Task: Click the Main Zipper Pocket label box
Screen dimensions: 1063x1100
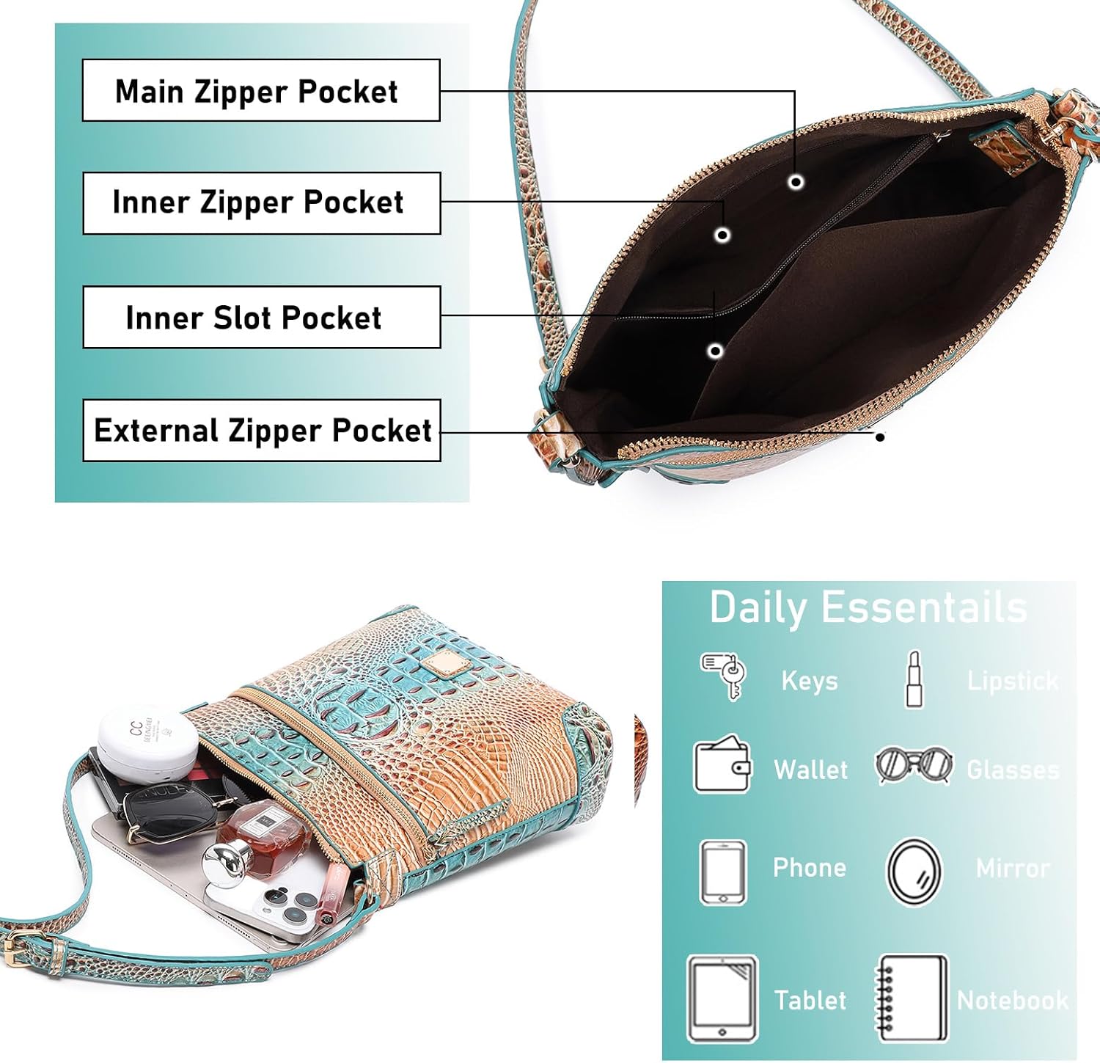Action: (260, 90)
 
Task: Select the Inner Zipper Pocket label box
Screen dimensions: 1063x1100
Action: (261, 203)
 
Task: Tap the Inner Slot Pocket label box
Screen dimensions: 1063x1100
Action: (261, 317)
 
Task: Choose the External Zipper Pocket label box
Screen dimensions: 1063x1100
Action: (261, 431)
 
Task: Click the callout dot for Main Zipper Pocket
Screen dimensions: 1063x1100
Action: (796, 181)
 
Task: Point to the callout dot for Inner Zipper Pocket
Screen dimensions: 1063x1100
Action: (722, 235)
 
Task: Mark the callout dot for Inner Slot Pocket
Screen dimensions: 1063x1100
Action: (715, 351)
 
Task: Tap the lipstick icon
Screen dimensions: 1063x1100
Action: (914, 679)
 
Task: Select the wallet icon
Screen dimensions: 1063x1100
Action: (722, 765)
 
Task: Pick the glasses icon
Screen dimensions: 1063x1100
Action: (914, 765)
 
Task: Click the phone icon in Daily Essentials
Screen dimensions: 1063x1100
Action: (723, 872)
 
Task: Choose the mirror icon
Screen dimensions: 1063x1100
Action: (914, 872)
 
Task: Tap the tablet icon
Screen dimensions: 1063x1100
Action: (722, 999)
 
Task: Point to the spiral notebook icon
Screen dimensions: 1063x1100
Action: (912, 998)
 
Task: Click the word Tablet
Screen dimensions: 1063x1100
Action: (810, 1000)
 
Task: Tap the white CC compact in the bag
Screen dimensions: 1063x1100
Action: (146, 741)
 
